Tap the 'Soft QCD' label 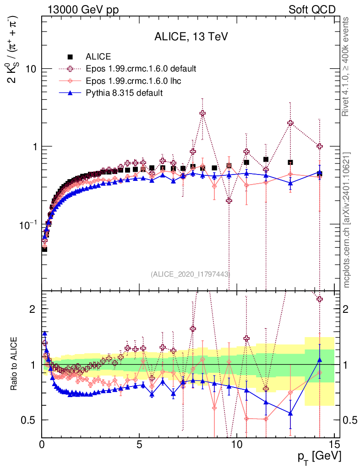tap(312, 10)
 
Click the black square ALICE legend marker tap(71, 57)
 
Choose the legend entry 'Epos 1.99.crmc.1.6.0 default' tap(141, 69)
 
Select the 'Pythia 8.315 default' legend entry tap(124, 93)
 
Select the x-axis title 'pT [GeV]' tap(320, 457)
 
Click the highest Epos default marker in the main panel tap(202, 113)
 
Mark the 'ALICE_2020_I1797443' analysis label tap(190, 274)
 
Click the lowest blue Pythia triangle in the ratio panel tap(290, 414)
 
